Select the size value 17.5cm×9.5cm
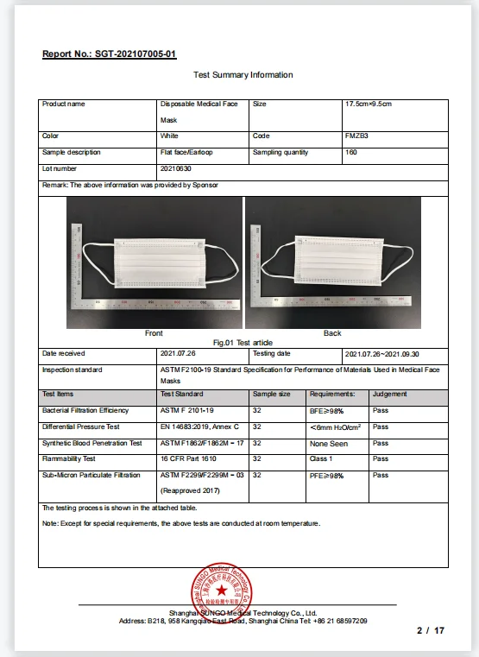click(x=369, y=104)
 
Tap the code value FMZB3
click(x=356, y=136)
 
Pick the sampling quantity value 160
click(x=350, y=153)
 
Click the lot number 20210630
click(x=174, y=169)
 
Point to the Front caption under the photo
click(x=154, y=333)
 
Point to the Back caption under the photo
click(x=332, y=333)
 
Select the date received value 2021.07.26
click(x=180, y=353)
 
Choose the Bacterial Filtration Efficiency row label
click(x=85, y=410)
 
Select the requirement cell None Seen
click(x=327, y=443)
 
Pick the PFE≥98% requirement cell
click(x=326, y=476)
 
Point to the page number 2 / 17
click(x=430, y=631)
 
